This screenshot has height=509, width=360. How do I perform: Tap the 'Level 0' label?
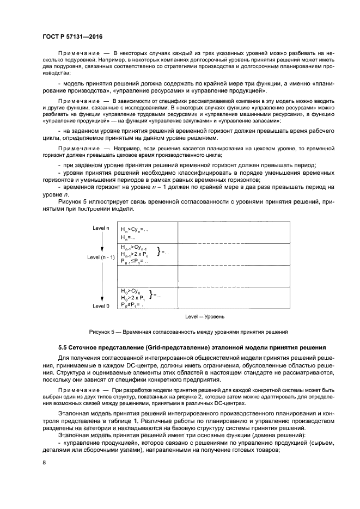(x=101, y=306)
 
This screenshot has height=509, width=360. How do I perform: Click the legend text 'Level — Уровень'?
(x=204, y=316)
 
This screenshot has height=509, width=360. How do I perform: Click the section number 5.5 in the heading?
(x=64, y=347)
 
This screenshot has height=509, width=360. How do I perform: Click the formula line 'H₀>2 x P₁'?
(x=132, y=298)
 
